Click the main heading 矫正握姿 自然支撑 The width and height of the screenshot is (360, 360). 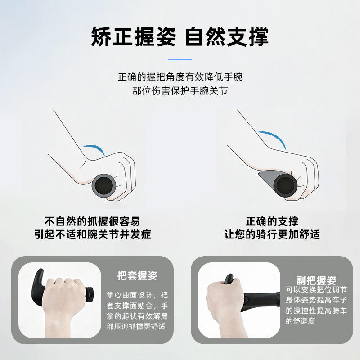point(180,36)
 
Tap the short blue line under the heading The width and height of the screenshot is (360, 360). point(180,59)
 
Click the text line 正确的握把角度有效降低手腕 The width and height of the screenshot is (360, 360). point(180,77)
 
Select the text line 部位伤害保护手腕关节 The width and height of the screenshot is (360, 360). point(180,91)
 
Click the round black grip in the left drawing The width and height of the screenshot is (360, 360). point(104,186)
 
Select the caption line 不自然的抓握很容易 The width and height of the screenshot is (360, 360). point(92,221)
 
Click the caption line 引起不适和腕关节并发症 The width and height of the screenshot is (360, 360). point(93,234)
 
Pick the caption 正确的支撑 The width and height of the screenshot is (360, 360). point(272,221)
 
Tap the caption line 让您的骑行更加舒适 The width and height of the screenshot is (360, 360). point(272,234)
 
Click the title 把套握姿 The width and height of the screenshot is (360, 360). point(137,275)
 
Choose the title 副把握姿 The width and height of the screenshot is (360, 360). point(316,280)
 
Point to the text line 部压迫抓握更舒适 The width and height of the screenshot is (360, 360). point(136,326)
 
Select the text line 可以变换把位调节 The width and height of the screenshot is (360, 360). point(316,290)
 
